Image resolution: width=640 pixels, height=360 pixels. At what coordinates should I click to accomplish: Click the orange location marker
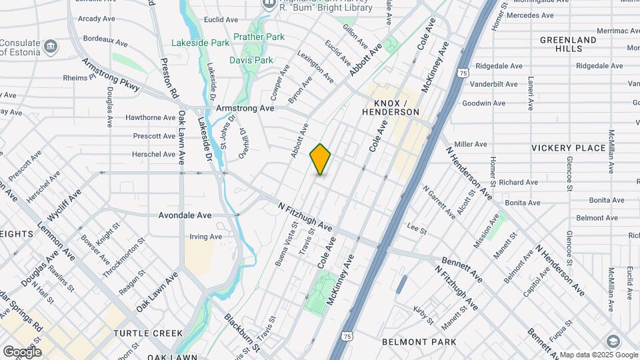coord(320,159)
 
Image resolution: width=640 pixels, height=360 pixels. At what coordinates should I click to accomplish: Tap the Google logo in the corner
coord(22,351)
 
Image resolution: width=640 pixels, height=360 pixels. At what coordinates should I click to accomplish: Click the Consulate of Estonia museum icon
coord(52,47)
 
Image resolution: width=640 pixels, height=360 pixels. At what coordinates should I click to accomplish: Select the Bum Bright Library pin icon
coord(269,3)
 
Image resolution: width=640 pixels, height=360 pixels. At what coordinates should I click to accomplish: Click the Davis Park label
coord(251,60)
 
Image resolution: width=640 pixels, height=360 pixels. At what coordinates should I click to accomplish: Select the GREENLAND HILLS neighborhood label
coord(568,45)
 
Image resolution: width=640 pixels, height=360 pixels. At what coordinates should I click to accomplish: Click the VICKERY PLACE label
coord(567,147)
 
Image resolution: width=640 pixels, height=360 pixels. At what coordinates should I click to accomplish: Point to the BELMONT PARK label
coord(419,342)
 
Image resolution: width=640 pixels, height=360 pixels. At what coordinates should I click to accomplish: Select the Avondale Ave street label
coord(185,215)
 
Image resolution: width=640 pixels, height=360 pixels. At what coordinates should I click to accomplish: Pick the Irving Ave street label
coord(206,237)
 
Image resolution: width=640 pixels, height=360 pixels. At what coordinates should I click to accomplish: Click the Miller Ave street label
coord(471,144)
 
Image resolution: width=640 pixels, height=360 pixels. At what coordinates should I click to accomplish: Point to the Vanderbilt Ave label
coord(494,84)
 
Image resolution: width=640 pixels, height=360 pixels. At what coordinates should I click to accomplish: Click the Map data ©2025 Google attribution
coord(599,355)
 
